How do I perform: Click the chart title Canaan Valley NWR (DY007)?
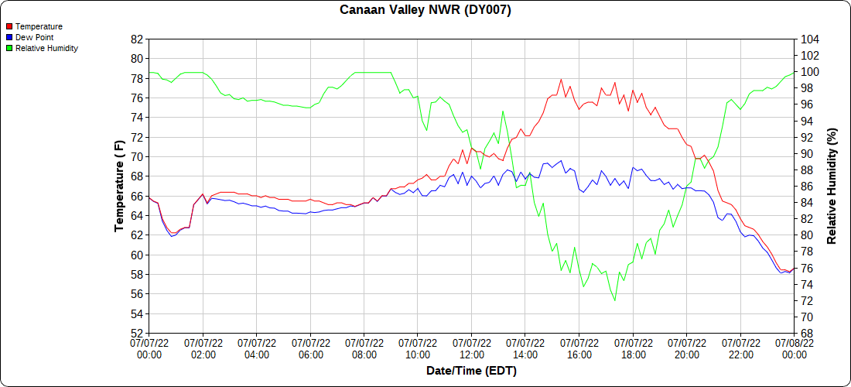click(425, 10)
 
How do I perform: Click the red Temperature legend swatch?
click(9, 26)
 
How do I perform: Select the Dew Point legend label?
click(35, 37)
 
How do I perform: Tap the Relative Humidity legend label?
click(46, 48)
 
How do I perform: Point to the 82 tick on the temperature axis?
click(136, 39)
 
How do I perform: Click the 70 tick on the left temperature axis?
click(136, 156)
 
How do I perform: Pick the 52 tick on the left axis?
click(136, 334)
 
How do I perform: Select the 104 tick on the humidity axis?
click(810, 39)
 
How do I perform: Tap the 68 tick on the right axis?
click(807, 334)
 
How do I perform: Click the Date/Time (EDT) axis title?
click(471, 371)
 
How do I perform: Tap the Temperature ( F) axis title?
click(119, 186)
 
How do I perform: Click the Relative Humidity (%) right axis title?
click(832, 186)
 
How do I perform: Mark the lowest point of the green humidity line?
click(615, 300)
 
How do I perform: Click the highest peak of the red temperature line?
click(561, 79)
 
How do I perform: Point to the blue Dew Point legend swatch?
click(9, 37)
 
